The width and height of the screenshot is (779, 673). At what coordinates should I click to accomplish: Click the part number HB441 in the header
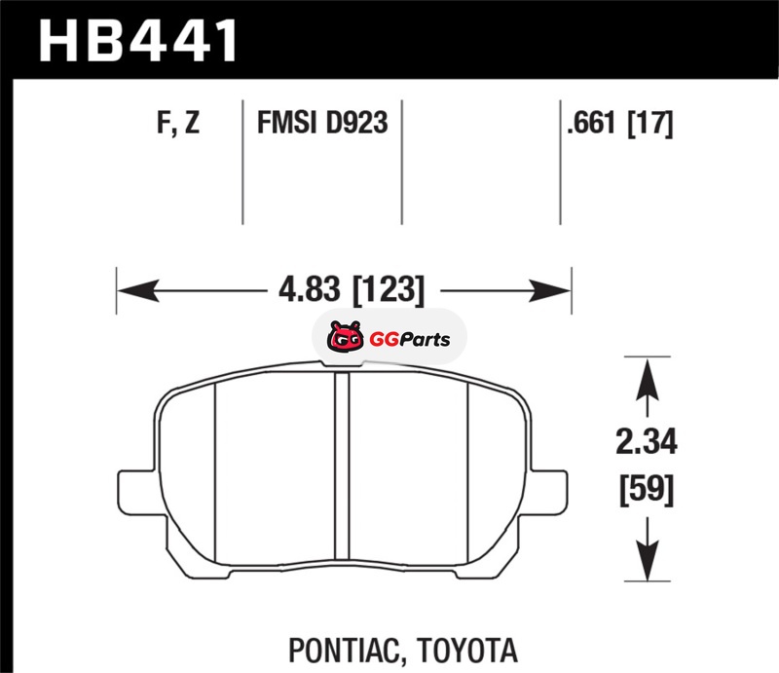click(x=138, y=41)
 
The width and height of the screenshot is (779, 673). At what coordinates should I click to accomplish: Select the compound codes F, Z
click(x=178, y=123)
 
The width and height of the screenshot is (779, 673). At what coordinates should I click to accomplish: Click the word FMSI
click(x=286, y=123)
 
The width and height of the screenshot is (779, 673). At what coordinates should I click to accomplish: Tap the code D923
click(x=356, y=123)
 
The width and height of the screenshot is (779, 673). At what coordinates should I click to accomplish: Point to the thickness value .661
click(x=592, y=123)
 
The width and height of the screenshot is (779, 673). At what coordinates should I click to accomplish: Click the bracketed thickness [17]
click(x=650, y=124)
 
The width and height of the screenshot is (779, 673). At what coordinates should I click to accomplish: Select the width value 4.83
click(x=310, y=289)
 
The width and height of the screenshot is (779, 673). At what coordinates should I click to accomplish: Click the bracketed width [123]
click(x=389, y=290)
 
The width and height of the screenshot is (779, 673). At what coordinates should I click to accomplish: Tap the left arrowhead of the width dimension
click(x=138, y=290)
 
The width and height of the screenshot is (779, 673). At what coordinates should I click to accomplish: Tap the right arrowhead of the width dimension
click(x=550, y=290)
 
